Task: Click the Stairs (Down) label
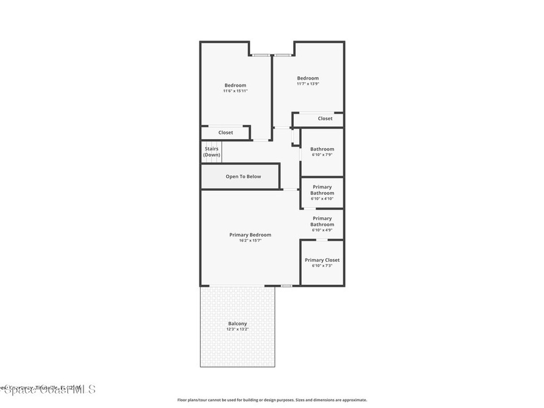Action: [211, 152]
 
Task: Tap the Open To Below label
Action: [243, 176]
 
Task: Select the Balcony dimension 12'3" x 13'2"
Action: [237, 329]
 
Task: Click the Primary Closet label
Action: [322, 260]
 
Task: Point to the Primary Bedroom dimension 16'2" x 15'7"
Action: [250, 241]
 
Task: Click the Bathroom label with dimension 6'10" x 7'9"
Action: [322, 149]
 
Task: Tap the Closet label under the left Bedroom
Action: [225, 132]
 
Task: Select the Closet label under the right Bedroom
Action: [325, 118]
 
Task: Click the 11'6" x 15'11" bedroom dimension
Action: [235, 91]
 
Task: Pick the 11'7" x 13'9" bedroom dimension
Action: [308, 84]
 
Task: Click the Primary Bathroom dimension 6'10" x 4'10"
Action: [322, 199]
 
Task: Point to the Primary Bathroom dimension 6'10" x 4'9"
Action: [322, 230]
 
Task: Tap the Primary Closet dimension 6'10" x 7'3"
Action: [322, 266]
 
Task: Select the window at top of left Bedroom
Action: [261, 55]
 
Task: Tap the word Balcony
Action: [237, 324]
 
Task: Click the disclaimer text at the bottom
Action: [272, 400]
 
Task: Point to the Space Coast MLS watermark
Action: [48, 389]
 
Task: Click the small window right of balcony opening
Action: [286, 286]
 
